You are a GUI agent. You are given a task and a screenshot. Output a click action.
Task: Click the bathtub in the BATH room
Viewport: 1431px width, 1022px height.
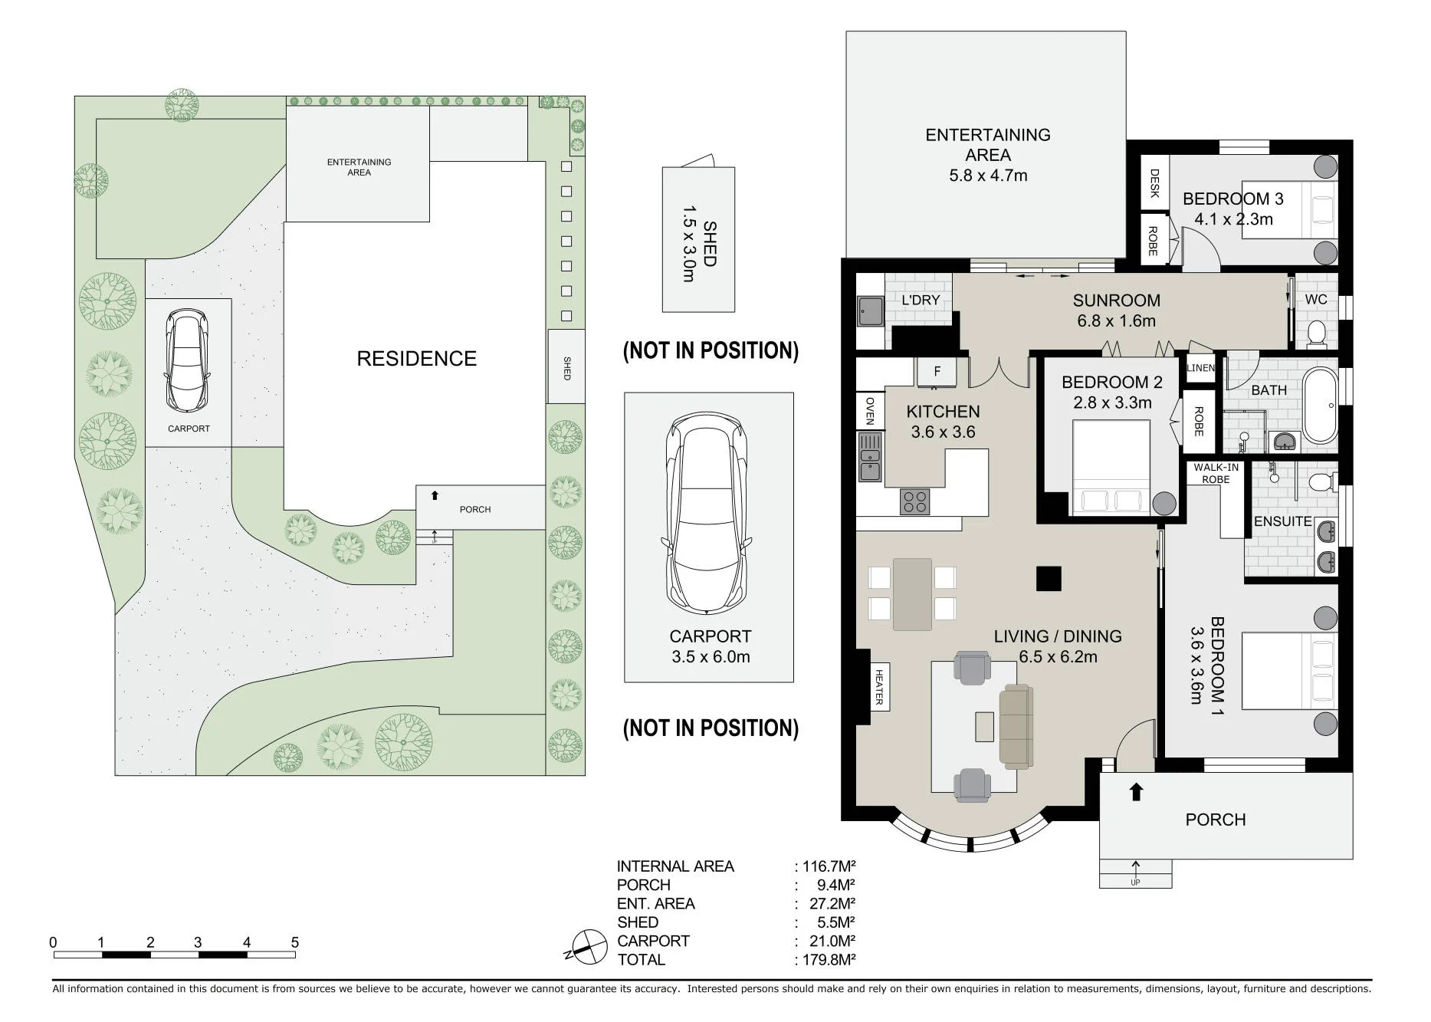click(x=1320, y=406)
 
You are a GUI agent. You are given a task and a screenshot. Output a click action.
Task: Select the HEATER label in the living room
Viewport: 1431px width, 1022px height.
click(x=879, y=687)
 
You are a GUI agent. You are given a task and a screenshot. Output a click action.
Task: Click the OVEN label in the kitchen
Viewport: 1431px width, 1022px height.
click(x=870, y=411)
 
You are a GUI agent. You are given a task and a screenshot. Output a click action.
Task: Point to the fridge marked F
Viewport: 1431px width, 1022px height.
click(x=937, y=372)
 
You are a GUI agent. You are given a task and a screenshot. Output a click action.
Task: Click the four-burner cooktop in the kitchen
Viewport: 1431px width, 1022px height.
click(x=915, y=501)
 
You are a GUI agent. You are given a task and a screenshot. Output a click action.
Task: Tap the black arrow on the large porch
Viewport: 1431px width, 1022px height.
click(x=1136, y=791)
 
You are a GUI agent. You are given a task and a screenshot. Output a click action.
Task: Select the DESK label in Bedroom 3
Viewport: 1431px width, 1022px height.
click(x=1155, y=183)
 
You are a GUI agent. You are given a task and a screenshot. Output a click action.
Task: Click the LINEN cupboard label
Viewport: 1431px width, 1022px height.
click(x=1201, y=368)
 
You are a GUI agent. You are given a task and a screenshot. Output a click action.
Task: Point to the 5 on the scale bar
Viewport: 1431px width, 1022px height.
click(x=295, y=942)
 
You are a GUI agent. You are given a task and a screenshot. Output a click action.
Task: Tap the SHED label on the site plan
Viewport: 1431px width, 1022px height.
click(x=567, y=368)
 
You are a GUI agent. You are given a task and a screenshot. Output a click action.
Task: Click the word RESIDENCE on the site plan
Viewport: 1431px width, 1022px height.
click(x=417, y=359)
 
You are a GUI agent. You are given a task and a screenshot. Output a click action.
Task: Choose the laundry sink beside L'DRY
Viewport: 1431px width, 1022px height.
click(x=871, y=311)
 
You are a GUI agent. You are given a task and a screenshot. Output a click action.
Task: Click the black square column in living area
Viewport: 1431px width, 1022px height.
click(x=1049, y=579)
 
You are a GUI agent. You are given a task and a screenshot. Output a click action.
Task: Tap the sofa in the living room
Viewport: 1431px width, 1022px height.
click(x=1016, y=726)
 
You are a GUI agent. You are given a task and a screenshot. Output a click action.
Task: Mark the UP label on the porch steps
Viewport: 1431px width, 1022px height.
click(x=1135, y=882)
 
